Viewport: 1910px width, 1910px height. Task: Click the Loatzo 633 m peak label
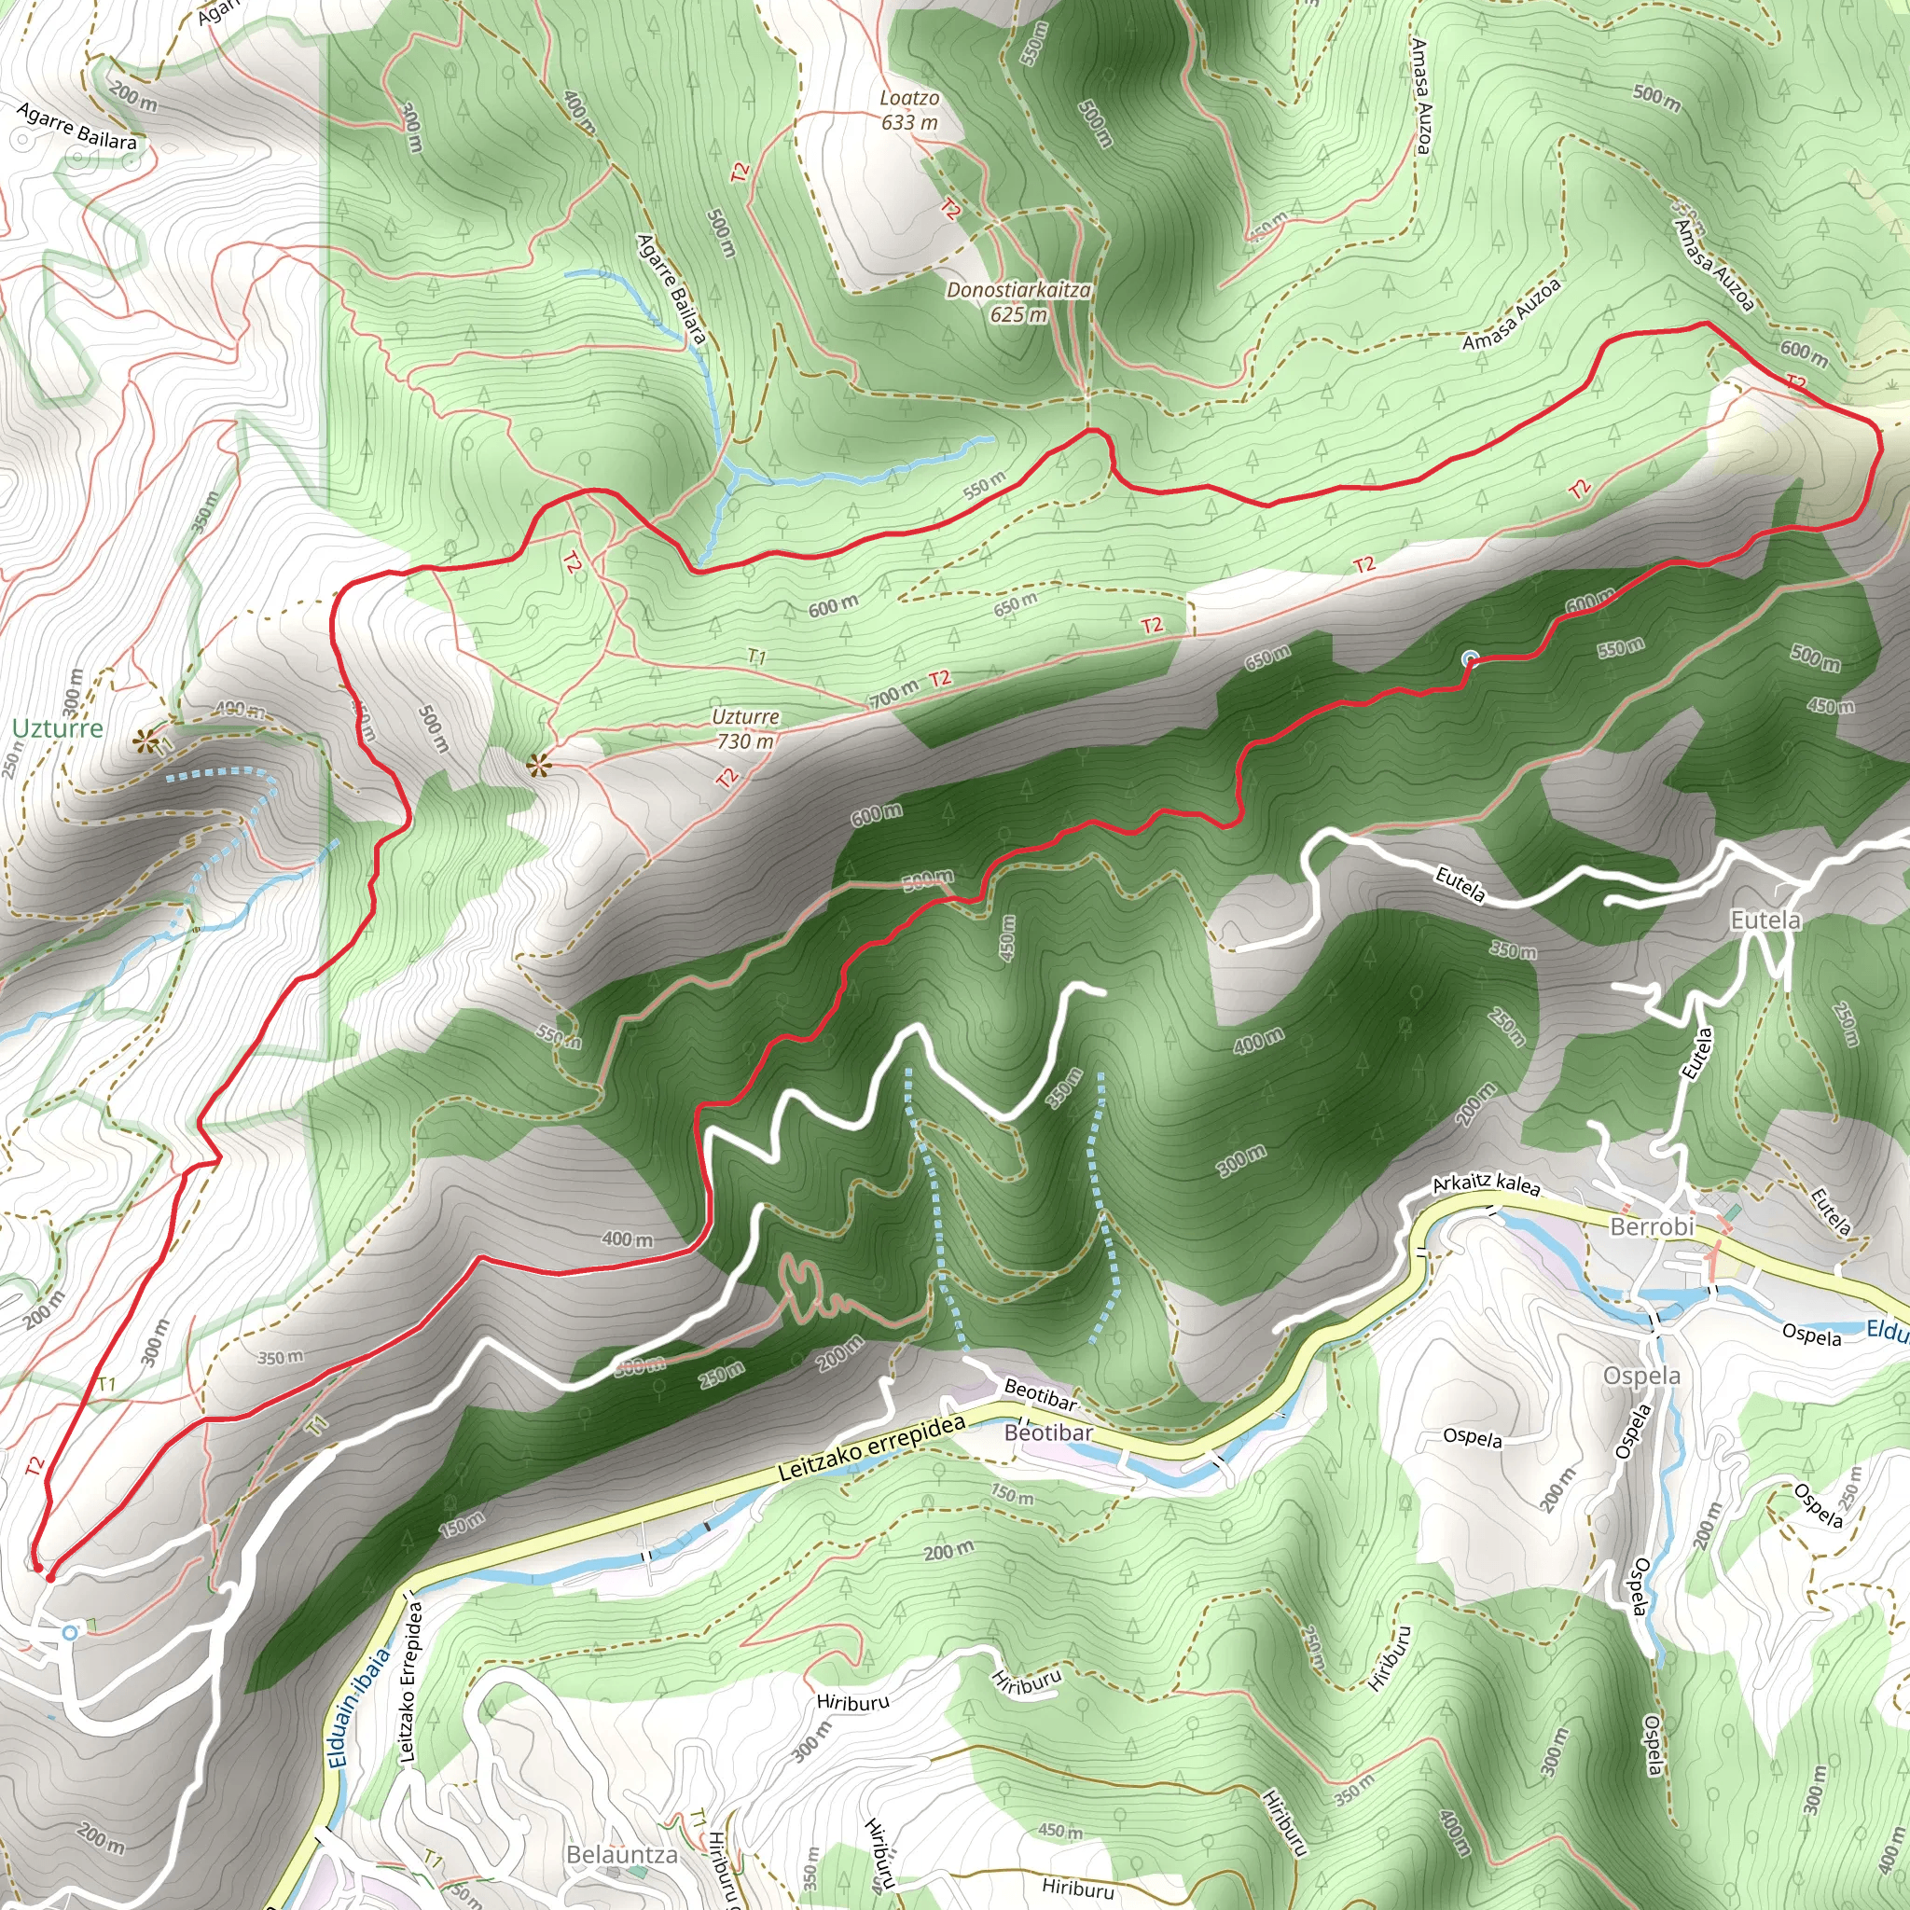[908, 111]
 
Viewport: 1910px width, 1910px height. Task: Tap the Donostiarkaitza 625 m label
[1018, 302]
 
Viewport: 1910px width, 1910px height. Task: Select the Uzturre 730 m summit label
[745, 728]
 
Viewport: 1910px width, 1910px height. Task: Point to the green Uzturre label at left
[57, 728]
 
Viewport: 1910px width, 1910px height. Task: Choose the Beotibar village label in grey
[1048, 1432]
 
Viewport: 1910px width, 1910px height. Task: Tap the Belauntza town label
[622, 1855]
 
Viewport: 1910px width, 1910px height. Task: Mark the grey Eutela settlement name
[1765, 920]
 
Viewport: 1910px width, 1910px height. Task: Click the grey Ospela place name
[1641, 1377]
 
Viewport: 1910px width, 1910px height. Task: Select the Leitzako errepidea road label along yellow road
[871, 1449]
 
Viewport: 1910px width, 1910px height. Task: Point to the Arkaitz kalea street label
[1486, 1183]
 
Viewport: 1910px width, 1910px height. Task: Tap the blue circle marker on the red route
[1470, 658]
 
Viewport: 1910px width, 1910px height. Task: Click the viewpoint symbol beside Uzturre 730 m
[538, 764]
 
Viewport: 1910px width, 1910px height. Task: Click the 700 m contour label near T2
[893, 695]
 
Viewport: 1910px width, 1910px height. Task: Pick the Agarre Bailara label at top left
[77, 127]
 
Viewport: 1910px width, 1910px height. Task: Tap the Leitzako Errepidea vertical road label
[410, 1682]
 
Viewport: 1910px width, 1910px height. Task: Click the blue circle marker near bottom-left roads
[69, 1632]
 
